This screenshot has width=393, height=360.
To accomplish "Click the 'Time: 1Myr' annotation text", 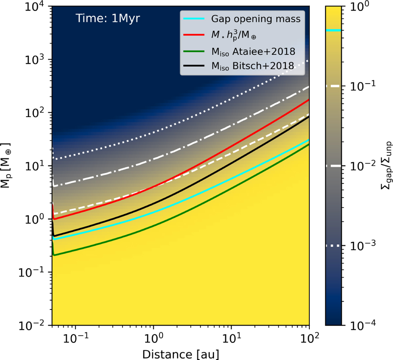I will pyautogui.click(x=108, y=18).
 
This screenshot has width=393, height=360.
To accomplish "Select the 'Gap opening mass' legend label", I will pyautogui.click(x=256, y=19).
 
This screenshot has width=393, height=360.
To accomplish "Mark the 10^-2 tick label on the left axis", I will pyautogui.click(x=33, y=325).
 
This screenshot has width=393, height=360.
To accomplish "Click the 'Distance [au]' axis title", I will pyautogui.click(x=180, y=354).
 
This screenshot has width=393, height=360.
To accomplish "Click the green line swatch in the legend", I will pyautogui.click(x=194, y=51).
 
